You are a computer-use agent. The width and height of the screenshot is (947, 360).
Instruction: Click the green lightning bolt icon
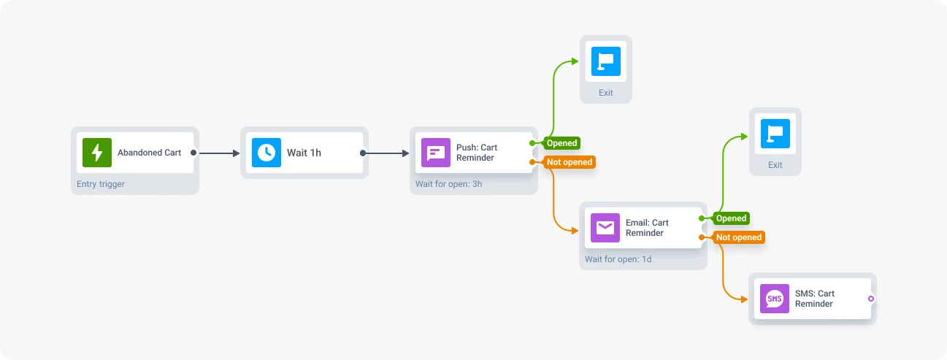point(97,153)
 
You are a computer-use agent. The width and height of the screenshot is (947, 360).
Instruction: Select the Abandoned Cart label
point(149,153)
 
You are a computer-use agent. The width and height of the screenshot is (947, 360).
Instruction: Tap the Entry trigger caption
point(101,184)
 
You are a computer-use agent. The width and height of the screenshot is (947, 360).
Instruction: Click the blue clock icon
point(267,153)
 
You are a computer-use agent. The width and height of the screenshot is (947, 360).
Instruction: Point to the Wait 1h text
point(304,153)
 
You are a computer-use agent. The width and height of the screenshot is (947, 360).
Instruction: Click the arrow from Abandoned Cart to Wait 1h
point(219,153)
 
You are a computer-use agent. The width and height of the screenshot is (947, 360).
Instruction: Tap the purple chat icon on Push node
point(436,153)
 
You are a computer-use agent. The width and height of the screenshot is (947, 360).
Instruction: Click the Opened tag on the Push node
point(561,143)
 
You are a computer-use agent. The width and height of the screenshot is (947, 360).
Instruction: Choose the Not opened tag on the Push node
point(569,162)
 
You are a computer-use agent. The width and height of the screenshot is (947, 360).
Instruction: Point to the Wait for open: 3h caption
point(448,184)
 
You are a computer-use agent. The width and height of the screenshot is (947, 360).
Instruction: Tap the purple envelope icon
point(605,228)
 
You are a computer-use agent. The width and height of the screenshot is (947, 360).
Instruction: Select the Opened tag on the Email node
point(731,218)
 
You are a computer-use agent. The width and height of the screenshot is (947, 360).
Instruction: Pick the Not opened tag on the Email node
point(738,237)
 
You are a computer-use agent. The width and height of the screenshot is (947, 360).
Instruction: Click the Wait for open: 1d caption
point(618,259)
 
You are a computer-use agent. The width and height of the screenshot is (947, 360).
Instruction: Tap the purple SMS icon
point(775,299)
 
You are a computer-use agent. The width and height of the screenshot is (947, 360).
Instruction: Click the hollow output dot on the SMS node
point(871,299)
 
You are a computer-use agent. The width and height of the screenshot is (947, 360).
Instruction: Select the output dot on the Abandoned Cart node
point(193,153)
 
